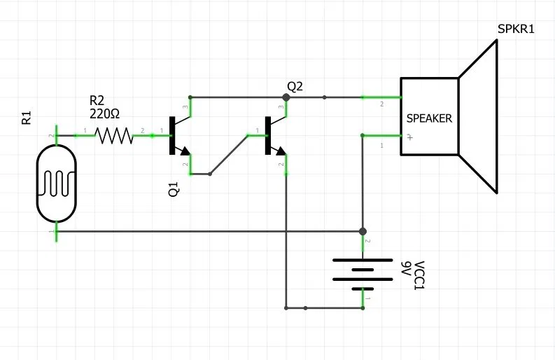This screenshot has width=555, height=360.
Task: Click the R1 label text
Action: click(x=27, y=117)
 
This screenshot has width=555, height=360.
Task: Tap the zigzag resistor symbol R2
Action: click(x=114, y=135)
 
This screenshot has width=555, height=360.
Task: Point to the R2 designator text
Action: click(x=97, y=101)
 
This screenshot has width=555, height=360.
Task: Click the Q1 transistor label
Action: click(x=174, y=188)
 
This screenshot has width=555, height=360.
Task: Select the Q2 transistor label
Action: click(x=295, y=85)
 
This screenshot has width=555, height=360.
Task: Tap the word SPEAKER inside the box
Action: click(x=429, y=118)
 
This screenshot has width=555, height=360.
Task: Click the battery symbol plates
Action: click(x=362, y=273)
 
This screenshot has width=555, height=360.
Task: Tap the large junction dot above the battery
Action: click(x=362, y=232)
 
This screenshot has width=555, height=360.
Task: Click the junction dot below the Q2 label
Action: click(x=286, y=97)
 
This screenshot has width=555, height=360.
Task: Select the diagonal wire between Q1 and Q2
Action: click(x=229, y=154)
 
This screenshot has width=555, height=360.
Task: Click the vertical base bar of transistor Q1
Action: click(x=171, y=134)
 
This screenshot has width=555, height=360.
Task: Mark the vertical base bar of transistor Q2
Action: click(x=267, y=134)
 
